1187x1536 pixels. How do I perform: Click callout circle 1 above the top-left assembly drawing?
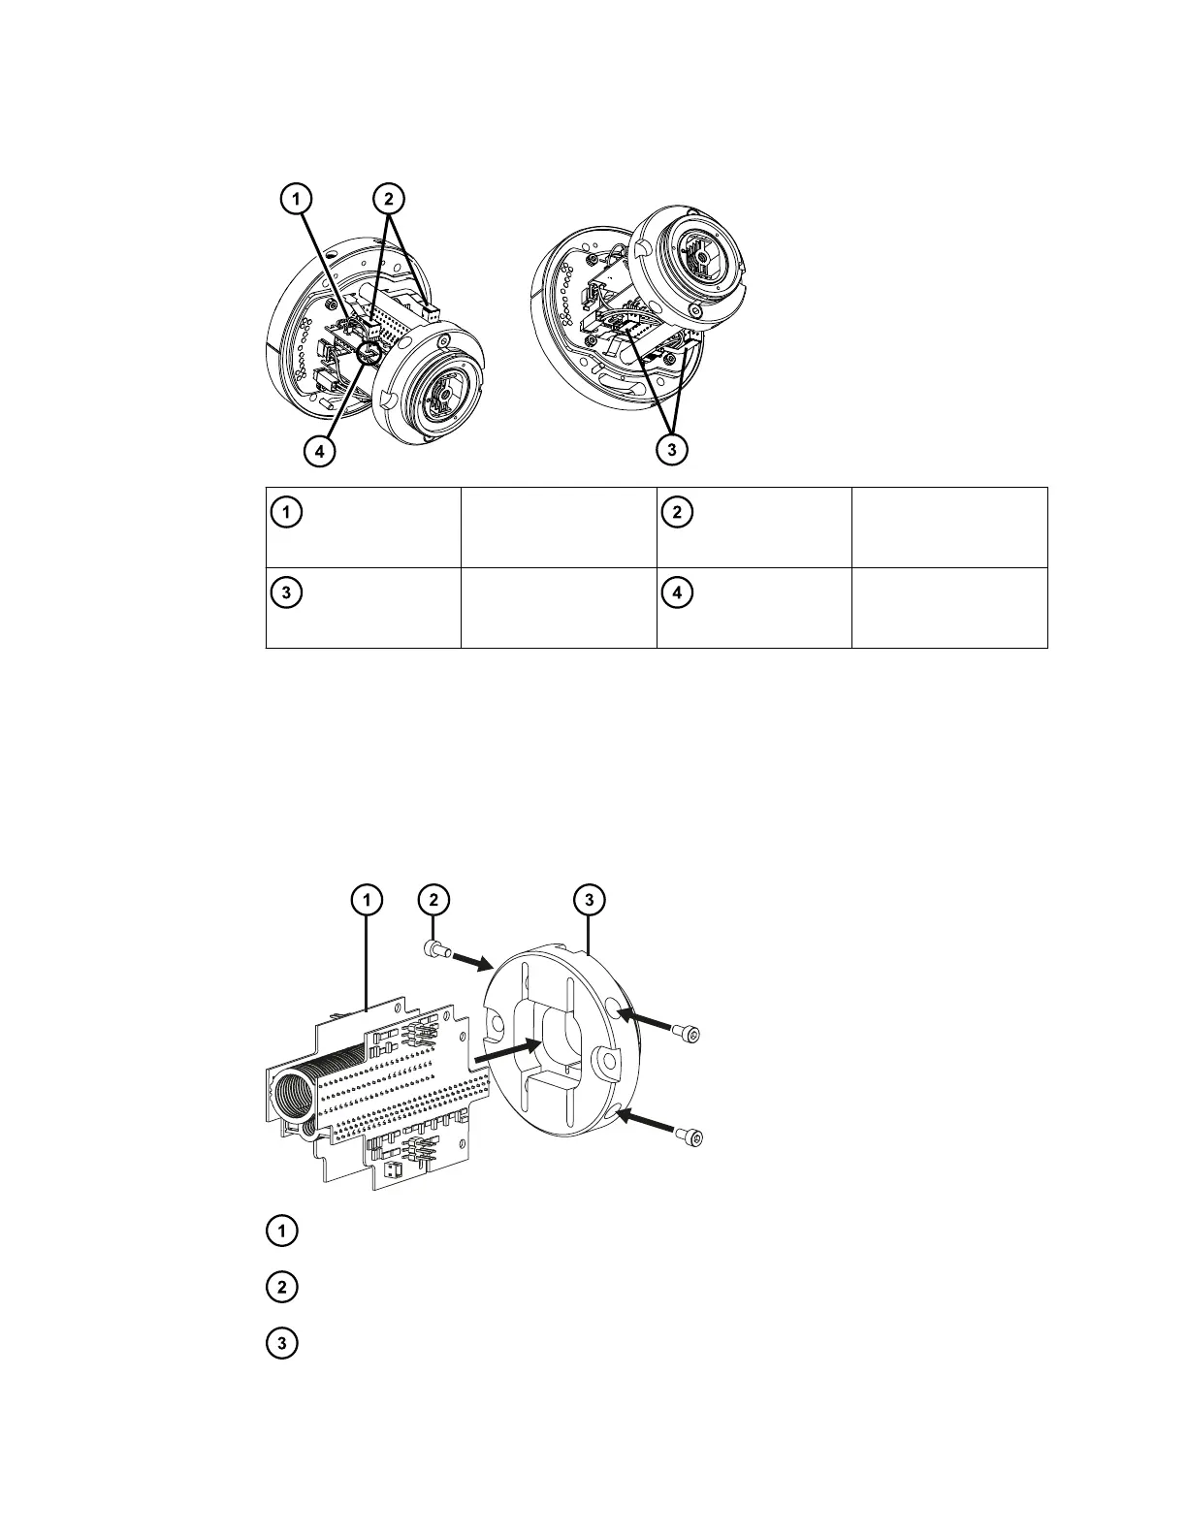coord(298,198)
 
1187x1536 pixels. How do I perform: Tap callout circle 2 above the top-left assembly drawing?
coord(388,198)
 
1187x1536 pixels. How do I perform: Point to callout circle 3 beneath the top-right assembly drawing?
coord(671,450)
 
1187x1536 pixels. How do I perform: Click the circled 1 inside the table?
coord(284,511)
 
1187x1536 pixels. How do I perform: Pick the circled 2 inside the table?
coord(676,511)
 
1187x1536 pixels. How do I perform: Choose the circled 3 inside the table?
coord(284,592)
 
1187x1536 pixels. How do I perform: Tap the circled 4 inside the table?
coord(676,592)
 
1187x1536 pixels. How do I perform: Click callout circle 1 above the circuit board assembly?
coord(366,901)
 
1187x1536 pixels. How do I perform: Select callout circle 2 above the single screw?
coord(434,901)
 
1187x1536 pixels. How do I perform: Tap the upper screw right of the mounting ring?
coord(690,1035)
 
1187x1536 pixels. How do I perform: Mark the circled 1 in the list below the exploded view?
coord(282,1232)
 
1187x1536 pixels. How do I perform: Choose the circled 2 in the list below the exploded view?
coord(282,1289)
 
